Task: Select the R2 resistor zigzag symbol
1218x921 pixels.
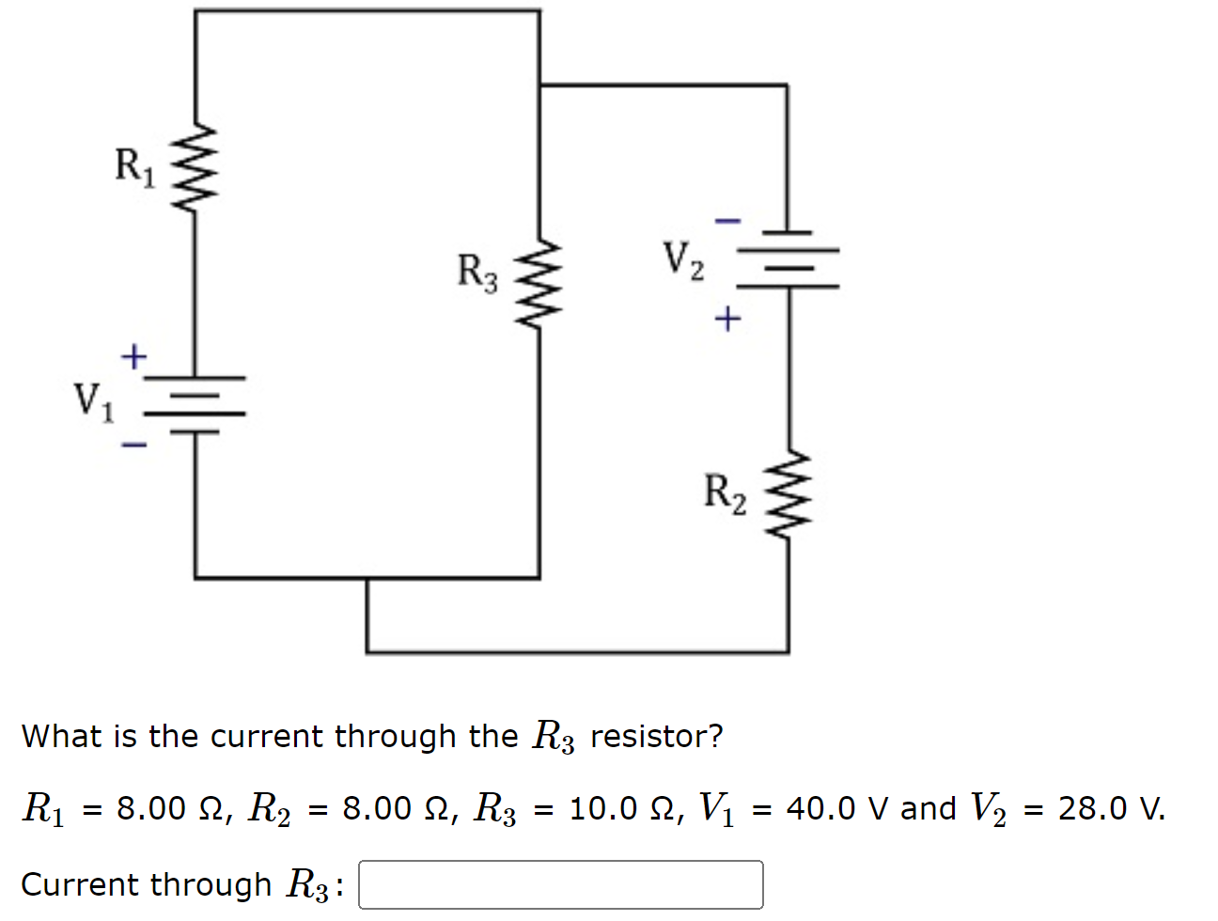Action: (788, 493)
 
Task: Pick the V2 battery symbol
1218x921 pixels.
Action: (788, 258)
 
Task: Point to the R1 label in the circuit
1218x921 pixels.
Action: (134, 166)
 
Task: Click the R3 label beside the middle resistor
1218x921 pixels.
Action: (477, 273)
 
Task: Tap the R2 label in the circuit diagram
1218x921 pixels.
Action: (725, 493)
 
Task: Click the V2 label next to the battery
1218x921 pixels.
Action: (683, 260)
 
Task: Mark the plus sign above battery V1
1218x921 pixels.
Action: (134, 357)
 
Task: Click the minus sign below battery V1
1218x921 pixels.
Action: (134, 445)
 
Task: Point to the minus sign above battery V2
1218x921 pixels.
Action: (727, 222)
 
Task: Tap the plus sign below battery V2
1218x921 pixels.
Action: (727, 320)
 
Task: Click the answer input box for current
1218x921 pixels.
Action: (560, 884)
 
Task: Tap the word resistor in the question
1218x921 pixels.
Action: (656, 736)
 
